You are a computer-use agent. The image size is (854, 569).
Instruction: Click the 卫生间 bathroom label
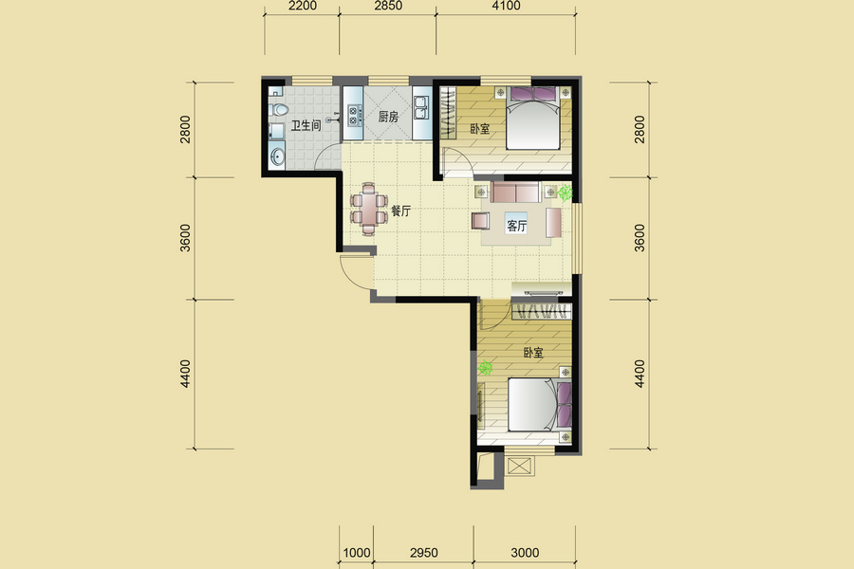(x=306, y=126)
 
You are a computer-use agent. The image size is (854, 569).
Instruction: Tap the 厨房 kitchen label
(x=388, y=117)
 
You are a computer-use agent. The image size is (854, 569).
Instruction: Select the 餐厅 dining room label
(x=400, y=211)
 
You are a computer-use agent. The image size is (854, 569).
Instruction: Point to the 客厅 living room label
(x=516, y=226)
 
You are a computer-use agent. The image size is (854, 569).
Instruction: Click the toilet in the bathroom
(x=278, y=109)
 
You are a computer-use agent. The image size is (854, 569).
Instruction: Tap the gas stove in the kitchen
(x=354, y=115)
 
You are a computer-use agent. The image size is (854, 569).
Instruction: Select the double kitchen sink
(x=421, y=107)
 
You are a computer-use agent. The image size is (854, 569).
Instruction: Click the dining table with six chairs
(x=369, y=209)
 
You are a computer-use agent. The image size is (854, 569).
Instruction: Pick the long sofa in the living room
(x=516, y=192)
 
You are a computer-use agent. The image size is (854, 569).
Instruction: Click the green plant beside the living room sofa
(x=566, y=192)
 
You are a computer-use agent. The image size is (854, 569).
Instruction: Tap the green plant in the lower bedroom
(x=485, y=368)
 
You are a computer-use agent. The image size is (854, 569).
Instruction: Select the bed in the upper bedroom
(x=533, y=118)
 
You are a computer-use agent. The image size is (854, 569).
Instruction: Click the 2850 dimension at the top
(x=388, y=6)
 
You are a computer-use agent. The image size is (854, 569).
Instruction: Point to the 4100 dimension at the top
(x=506, y=6)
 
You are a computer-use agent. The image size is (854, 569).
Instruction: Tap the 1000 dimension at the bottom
(x=357, y=553)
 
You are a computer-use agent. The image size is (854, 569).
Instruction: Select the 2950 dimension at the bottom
(x=424, y=553)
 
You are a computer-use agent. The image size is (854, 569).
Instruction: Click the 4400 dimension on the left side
(x=186, y=374)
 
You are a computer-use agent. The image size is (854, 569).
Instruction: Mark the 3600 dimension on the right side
(x=640, y=238)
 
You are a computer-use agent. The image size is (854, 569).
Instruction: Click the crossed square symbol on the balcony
(x=519, y=466)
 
